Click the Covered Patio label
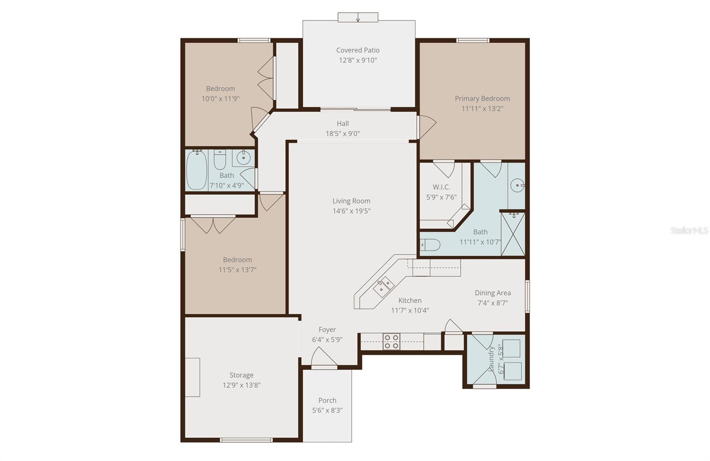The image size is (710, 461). tap(358, 50)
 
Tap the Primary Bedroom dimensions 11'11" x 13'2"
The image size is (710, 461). tap(482, 109)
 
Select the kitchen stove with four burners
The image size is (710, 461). tap(391, 342)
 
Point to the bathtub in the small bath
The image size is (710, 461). tap(196, 170)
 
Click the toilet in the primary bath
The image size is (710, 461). tap(430, 244)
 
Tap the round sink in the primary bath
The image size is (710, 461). tap(517, 185)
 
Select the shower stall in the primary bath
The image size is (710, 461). tap(513, 234)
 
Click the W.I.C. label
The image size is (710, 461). tap(441, 187)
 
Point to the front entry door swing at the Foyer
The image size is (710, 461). tap(323, 357)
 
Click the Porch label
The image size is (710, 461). tap(327, 400)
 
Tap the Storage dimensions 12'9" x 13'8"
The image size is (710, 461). tap(241, 385)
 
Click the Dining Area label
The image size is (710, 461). tap(493, 293)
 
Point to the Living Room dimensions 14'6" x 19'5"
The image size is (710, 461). tap(351, 211)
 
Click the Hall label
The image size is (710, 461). tap(343, 124)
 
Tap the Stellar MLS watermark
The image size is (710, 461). tap(689, 230)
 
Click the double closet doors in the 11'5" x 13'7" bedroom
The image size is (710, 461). tap(213, 224)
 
